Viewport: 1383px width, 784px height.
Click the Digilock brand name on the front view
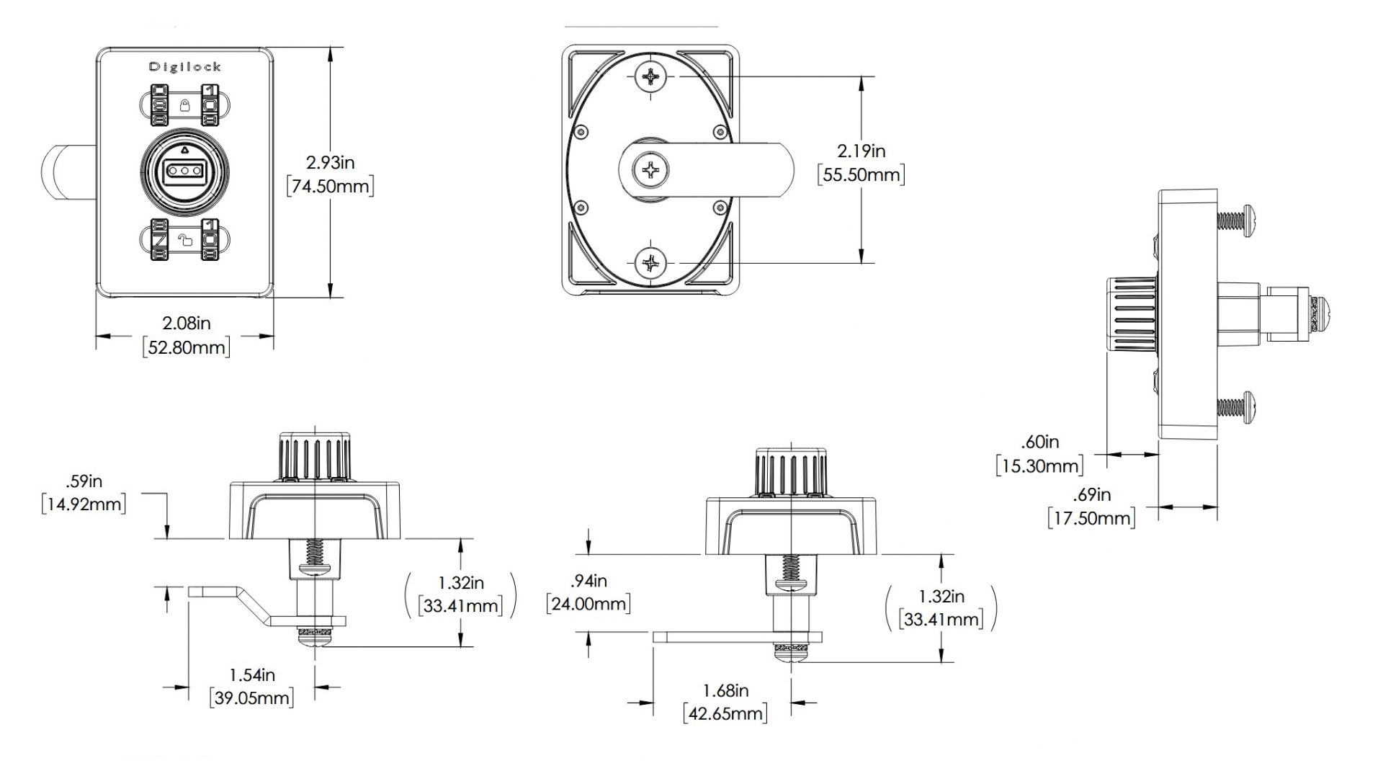coord(185,67)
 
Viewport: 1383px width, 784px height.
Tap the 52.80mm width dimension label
coord(187,347)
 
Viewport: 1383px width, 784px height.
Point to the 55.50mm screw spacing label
coord(861,175)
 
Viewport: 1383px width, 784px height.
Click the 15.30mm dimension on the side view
coord(1039,466)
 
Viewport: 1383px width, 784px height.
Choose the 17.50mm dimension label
coord(1091,517)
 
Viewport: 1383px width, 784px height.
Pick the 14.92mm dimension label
coord(84,504)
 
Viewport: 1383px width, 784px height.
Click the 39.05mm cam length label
coord(251,698)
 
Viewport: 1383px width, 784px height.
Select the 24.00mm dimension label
coord(588,603)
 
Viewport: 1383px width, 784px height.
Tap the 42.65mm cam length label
coord(725,713)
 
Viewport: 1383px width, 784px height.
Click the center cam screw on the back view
coord(651,171)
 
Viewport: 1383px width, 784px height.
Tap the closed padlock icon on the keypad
coord(184,107)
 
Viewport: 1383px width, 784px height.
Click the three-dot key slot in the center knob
coord(185,171)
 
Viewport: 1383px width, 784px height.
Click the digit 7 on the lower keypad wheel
coord(158,239)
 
